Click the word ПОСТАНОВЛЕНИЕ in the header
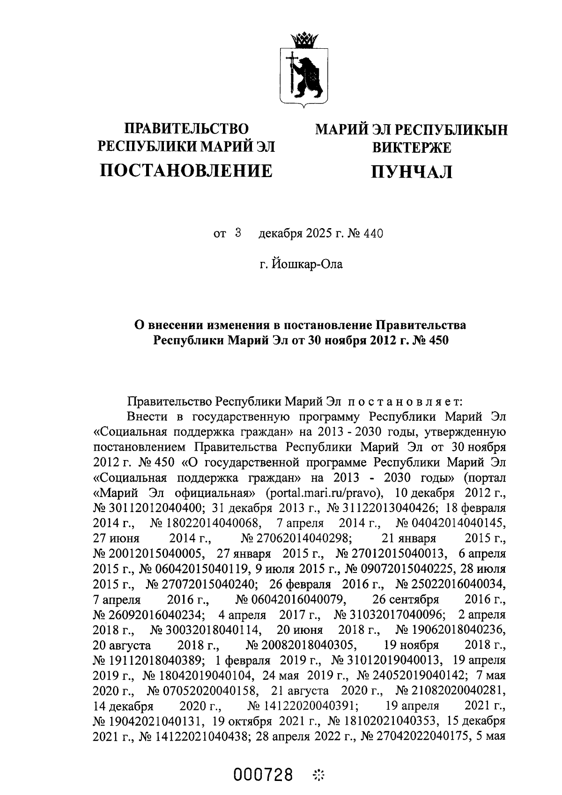click(186, 171)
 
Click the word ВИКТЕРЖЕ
click(411, 148)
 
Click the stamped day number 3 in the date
click(238, 232)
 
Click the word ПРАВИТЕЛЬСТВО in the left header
click(185, 128)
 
